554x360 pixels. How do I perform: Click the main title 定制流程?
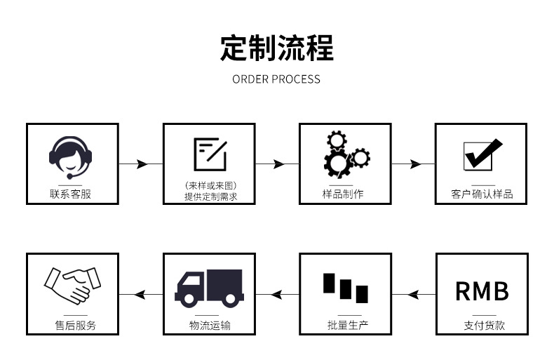pyautogui.click(x=277, y=48)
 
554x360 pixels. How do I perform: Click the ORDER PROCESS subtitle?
pyautogui.click(x=276, y=79)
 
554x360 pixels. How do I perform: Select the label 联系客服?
pyautogui.click(x=71, y=194)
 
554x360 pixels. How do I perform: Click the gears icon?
pyautogui.click(x=346, y=154)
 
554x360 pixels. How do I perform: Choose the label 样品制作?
pyautogui.click(x=343, y=194)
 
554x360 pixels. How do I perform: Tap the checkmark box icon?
pyautogui.click(x=482, y=155)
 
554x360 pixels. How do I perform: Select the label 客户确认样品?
pyautogui.click(x=482, y=194)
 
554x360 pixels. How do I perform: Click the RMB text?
pyautogui.click(x=482, y=291)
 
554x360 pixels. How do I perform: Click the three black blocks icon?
pyautogui.click(x=345, y=287)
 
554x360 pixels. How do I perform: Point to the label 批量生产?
pyautogui.click(x=343, y=325)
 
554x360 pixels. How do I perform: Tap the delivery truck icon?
pyautogui.click(x=208, y=288)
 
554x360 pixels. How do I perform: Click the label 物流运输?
pyautogui.click(x=209, y=325)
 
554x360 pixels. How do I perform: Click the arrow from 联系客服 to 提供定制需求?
pyautogui.click(x=140, y=164)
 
